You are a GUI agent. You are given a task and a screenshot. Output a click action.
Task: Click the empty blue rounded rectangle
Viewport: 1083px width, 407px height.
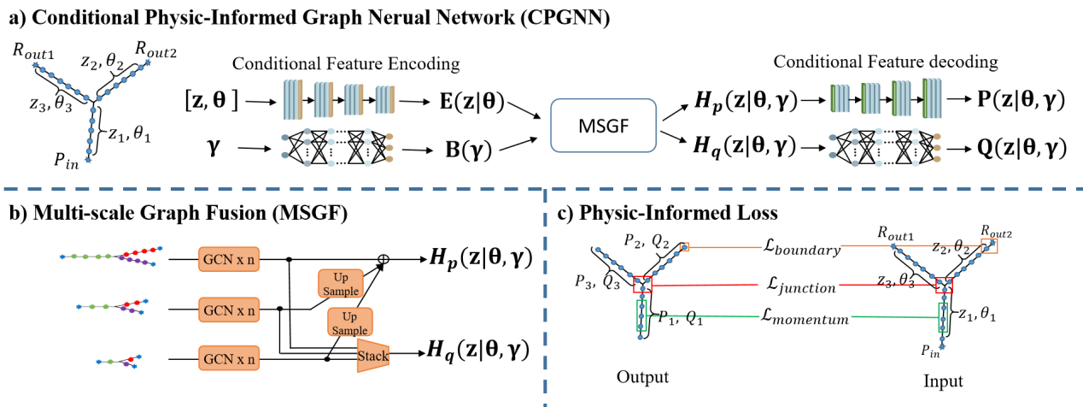tap(603, 125)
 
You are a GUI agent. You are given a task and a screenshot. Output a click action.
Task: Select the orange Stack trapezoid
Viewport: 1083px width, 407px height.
tap(373, 356)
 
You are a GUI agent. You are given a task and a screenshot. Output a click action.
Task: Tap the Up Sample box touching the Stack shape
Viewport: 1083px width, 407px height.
tap(350, 322)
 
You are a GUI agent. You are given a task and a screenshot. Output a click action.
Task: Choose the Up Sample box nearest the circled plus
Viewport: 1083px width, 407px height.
tap(340, 284)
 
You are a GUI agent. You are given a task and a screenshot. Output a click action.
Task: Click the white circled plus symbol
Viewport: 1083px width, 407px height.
tap(383, 259)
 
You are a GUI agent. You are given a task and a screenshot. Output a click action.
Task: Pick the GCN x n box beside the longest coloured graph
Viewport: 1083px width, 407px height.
tap(229, 259)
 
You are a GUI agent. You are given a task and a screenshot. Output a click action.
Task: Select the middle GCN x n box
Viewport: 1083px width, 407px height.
tap(229, 310)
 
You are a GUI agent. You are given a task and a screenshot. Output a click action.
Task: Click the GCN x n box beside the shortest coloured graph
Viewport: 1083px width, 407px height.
tap(229, 357)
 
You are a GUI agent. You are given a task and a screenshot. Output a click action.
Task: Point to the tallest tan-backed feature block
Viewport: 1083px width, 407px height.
tap(293, 99)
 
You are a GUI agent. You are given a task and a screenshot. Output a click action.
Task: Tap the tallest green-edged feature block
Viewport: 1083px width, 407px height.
tap(932, 97)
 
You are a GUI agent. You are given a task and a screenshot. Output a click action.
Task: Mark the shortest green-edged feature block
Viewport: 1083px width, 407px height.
tap(840, 98)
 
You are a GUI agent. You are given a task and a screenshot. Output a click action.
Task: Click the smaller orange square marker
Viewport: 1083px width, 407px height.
tap(685, 247)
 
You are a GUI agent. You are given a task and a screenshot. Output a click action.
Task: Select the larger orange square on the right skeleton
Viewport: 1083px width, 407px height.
tap(989, 246)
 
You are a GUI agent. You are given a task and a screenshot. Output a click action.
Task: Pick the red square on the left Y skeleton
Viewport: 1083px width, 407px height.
tap(642, 284)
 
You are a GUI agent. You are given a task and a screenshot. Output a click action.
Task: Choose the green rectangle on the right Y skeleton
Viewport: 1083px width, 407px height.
tap(943, 316)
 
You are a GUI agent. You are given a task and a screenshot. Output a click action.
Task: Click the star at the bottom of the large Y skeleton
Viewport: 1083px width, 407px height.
tap(87, 160)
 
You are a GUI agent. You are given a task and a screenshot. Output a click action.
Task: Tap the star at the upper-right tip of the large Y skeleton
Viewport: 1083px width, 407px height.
tap(148, 62)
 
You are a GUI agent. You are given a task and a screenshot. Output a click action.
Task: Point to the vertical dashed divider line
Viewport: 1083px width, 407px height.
tap(545, 299)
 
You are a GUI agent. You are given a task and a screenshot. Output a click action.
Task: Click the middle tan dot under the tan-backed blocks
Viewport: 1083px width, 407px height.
tap(389, 148)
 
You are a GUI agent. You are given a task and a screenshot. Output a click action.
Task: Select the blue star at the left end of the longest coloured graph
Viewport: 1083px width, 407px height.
tap(62, 257)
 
